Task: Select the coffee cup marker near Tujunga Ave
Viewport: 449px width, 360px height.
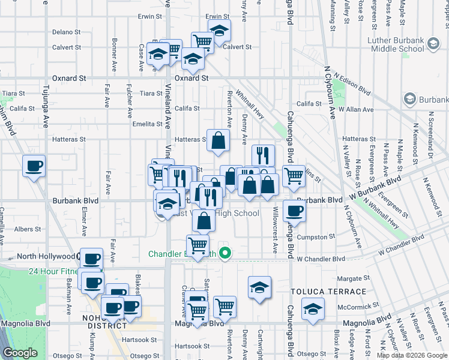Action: coord(34,166)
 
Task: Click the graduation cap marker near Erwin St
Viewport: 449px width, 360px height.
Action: coord(219,29)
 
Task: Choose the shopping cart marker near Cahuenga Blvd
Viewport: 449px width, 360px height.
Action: coord(294,176)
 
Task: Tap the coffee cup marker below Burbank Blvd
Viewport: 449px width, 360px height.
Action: coord(294,211)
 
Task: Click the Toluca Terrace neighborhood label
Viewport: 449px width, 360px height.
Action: coord(328,292)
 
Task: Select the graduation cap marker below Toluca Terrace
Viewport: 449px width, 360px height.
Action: coord(312,308)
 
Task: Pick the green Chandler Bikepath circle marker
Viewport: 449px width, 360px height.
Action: coord(225,253)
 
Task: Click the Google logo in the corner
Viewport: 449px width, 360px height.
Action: coord(20,353)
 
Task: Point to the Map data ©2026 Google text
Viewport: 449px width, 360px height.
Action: coord(412,355)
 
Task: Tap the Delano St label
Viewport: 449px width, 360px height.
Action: coord(66,32)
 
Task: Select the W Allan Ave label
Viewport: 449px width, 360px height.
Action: coord(356,110)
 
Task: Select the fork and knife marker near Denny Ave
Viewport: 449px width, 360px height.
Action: coord(263,155)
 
